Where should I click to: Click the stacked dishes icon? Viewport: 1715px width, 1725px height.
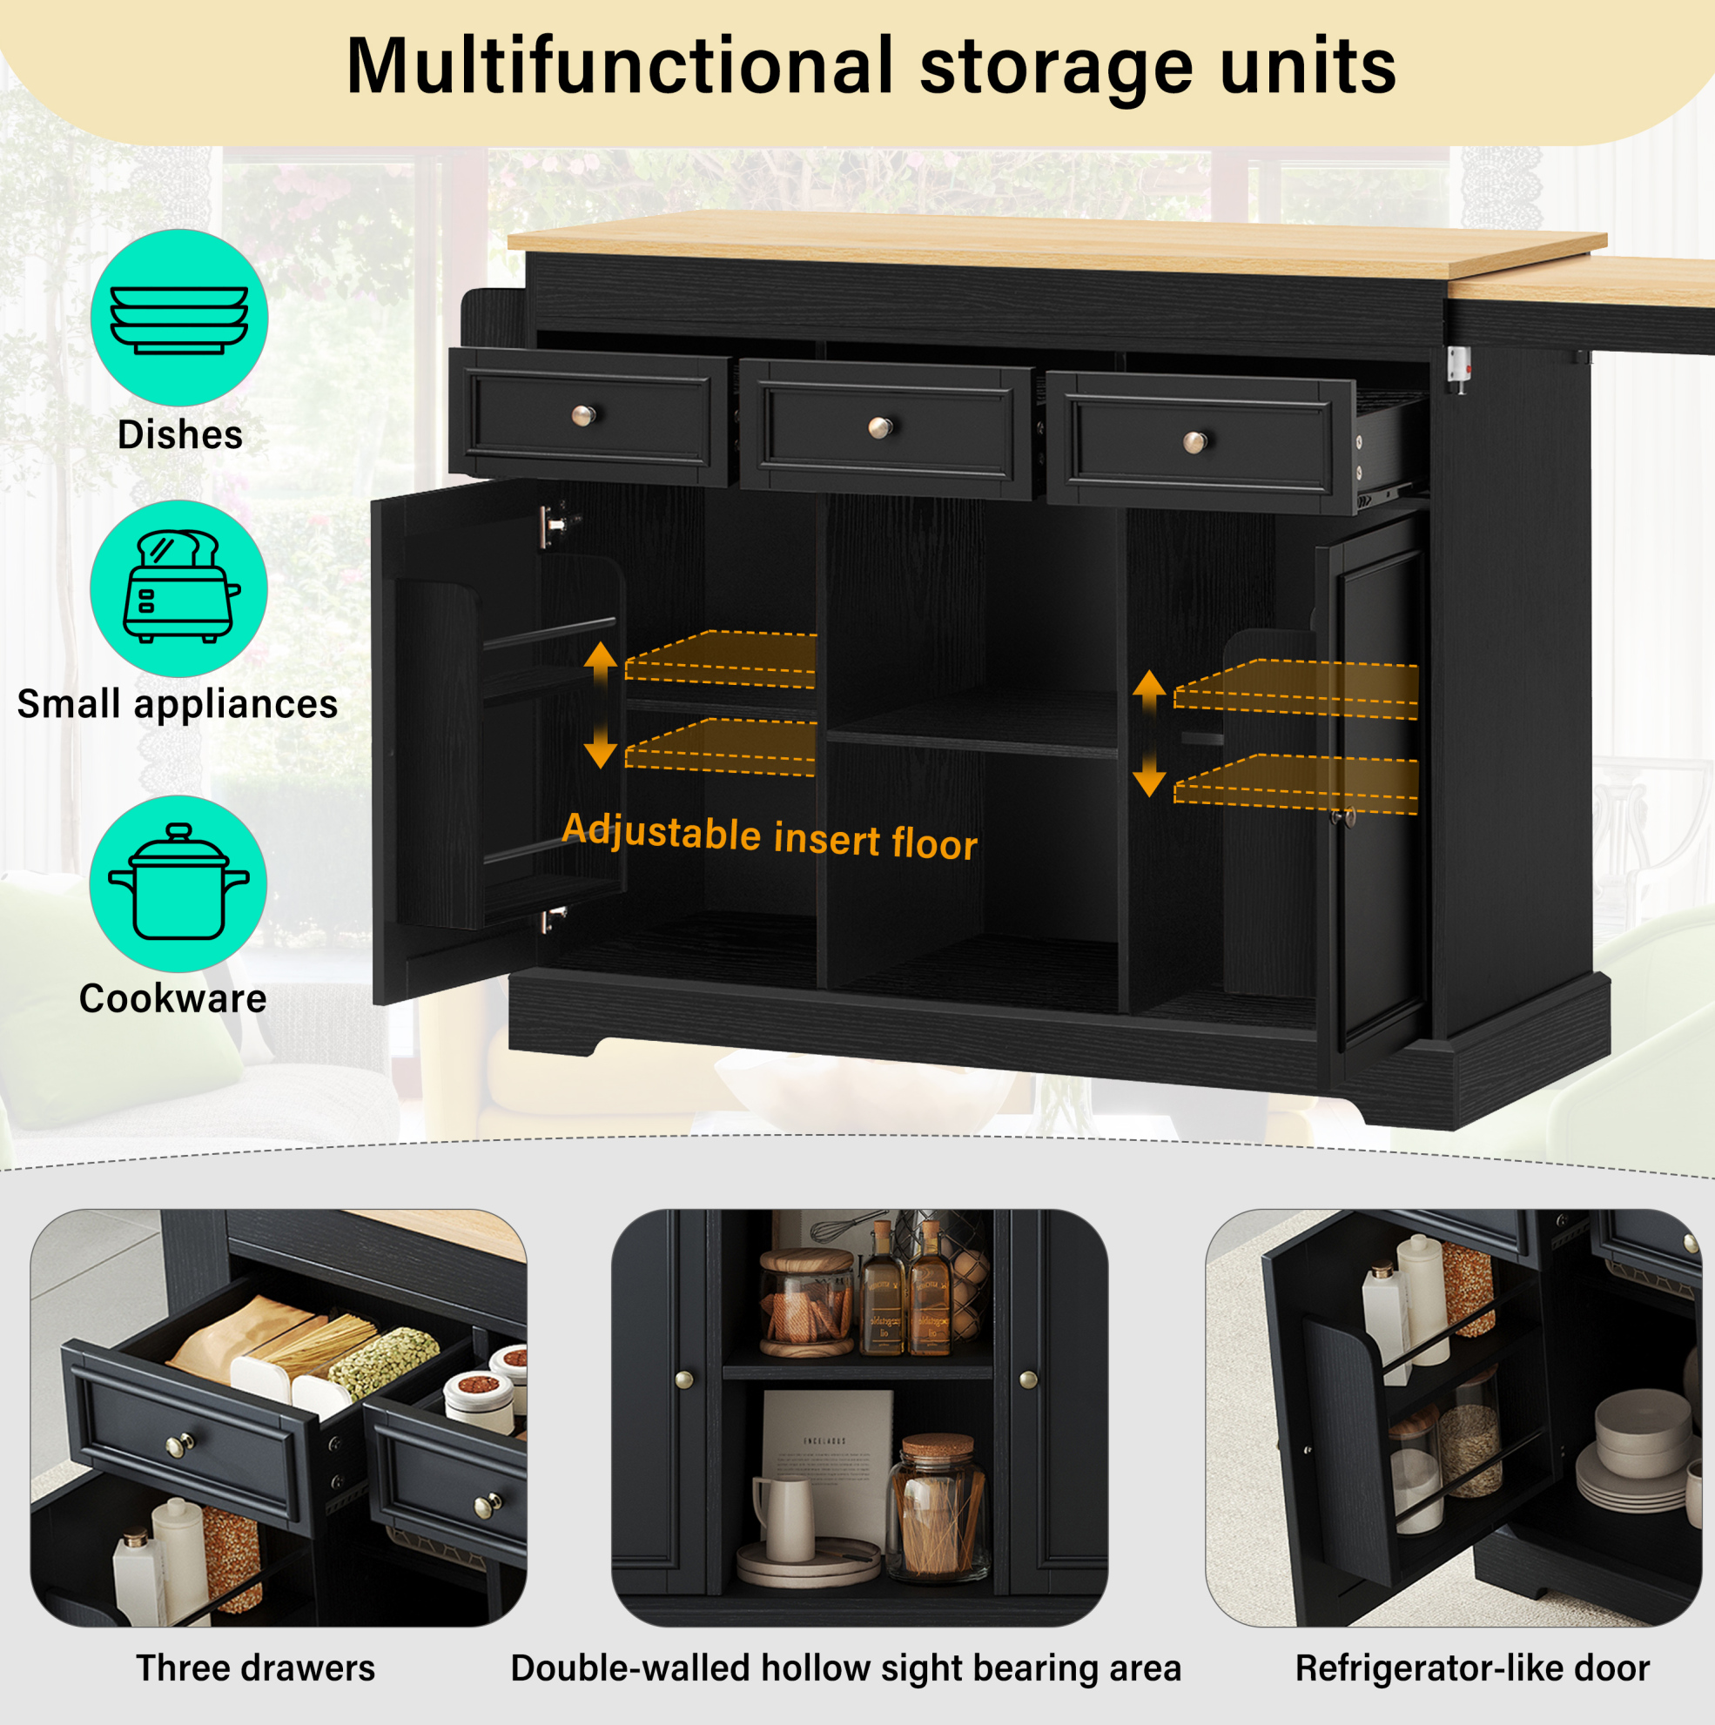178,319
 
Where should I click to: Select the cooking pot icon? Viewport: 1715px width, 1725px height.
178,882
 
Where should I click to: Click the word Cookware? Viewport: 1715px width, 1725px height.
172,998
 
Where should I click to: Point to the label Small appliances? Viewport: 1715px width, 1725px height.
178,704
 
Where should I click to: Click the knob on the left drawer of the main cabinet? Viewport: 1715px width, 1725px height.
583,415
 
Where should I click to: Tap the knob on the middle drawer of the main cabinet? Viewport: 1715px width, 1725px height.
881,427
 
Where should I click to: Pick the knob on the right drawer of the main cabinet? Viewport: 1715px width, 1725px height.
1195,441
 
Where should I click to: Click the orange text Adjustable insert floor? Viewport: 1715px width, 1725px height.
770,836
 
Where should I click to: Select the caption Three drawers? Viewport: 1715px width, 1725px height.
255,1668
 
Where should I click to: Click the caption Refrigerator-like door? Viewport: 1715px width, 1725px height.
1472,1668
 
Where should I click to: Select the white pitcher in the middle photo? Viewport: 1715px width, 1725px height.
784,1519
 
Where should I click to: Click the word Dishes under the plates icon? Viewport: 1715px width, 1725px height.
180,435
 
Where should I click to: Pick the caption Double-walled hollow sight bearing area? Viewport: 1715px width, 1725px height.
846,1668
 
